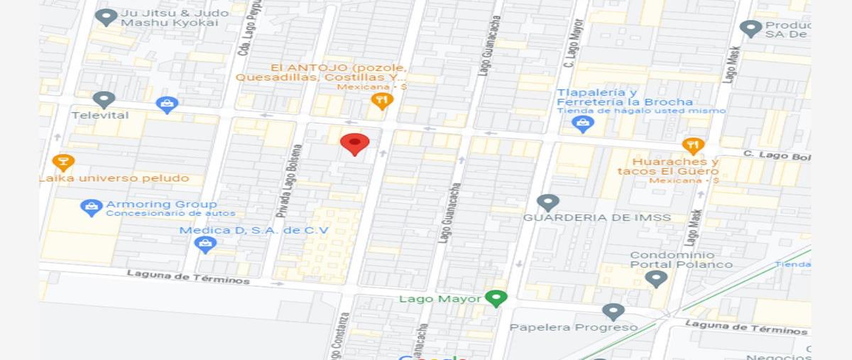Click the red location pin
pyautogui.click(x=354, y=144)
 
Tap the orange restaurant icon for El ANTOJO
pyautogui.click(x=382, y=102)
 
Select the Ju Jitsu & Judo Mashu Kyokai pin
pyautogui.click(x=106, y=17)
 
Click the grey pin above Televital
pyautogui.click(x=104, y=100)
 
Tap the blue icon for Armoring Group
pyautogui.click(x=92, y=208)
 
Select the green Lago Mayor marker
pyautogui.click(x=496, y=298)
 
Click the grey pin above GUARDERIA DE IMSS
pyautogui.click(x=547, y=203)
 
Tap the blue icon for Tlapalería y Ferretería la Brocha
pyautogui.click(x=582, y=124)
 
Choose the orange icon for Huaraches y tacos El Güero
pyautogui.click(x=693, y=146)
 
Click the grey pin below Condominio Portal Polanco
pyautogui.click(x=656, y=279)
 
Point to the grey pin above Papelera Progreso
pyautogui.click(x=613, y=312)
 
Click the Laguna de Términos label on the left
pyautogui.click(x=188, y=276)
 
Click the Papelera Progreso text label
pyautogui.click(x=574, y=327)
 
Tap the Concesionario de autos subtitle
pyautogui.click(x=170, y=214)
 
